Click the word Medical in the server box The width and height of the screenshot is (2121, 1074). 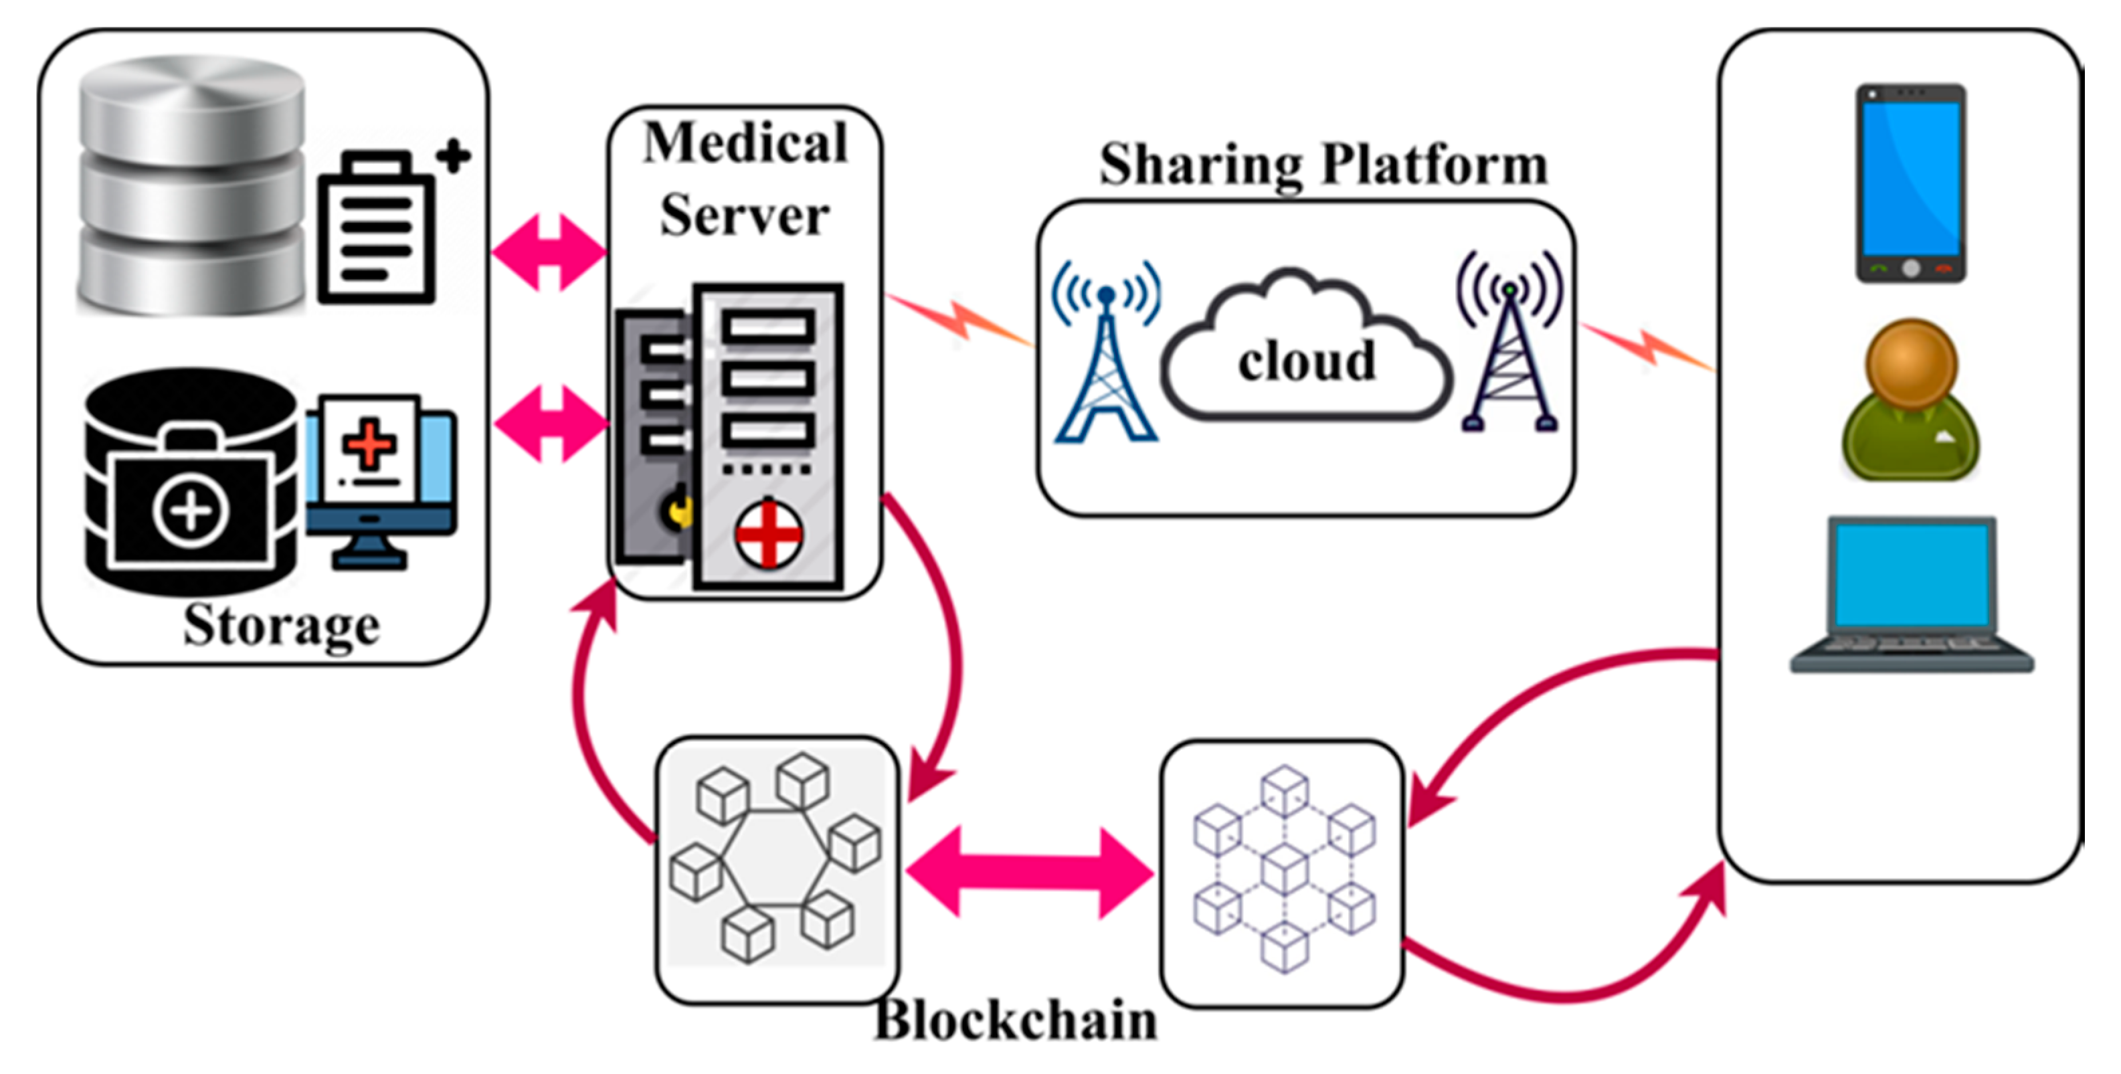click(x=745, y=143)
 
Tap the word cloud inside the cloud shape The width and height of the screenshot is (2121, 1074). click(x=1307, y=361)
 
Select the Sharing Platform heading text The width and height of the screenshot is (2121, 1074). click(x=1323, y=164)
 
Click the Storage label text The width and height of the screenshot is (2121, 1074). click(x=281, y=625)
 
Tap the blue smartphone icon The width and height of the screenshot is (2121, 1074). click(x=1911, y=183)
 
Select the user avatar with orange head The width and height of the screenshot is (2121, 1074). click(x=1910, y=399)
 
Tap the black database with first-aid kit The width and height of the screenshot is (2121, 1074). click(x=191, y=482)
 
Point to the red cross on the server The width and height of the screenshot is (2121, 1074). click(x=768, y=534)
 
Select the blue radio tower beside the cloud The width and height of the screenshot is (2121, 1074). click(x=1106, y=354)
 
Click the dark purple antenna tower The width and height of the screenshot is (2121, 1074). click(x=1509, y=346)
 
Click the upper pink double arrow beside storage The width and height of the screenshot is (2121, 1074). click(x=549, y=252)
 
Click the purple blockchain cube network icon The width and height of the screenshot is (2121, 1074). click(x=1283, y=869)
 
